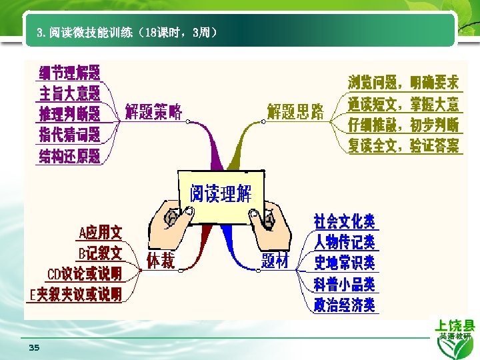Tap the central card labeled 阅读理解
pos(221,194)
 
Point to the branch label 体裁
pos(160,261)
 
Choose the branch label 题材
pos(275,261)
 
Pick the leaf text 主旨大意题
pos(70,93)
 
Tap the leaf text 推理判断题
pos(70,113)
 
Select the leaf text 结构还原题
pos(70,156)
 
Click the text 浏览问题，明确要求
pos(403,83)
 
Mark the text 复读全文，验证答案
pos(403,145)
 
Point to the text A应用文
pos(101,233)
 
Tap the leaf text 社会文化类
pos(345,221)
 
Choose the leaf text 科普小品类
pos(345,284)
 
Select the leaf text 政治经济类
pos(345,305)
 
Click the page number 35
pos(34,348)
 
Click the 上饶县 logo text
pos(455,326)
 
